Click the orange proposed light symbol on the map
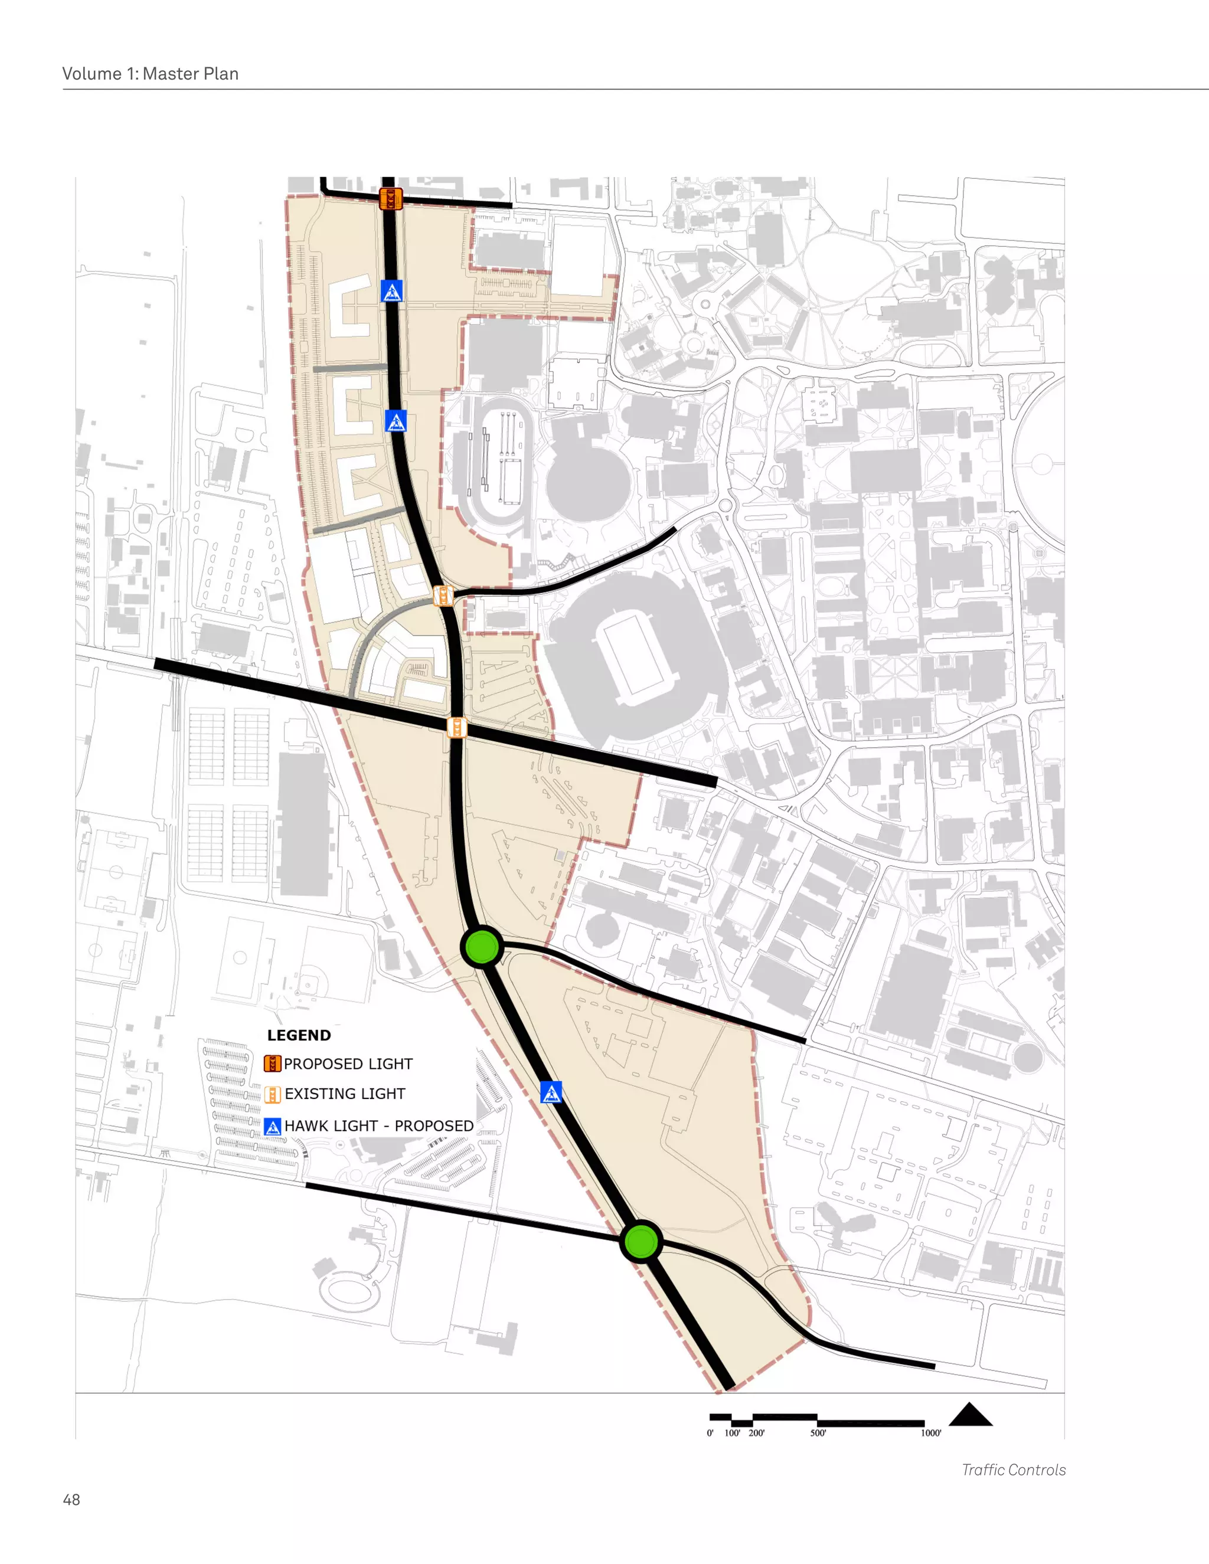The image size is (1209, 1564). tap(390, 198)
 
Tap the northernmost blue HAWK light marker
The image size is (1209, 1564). tap(391, 291)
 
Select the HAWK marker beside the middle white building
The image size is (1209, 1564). tap(396, 421)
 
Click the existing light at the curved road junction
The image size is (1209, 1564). tap(443, 595)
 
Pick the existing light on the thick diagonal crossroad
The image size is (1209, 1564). tap(457, 728)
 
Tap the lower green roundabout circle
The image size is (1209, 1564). tap(641, 1241)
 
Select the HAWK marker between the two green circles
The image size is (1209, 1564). tap(551, 1092)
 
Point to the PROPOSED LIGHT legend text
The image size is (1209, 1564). tap(348, 1064)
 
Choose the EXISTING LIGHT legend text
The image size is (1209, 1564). tap(345, 1094)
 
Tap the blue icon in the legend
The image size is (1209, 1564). tap(272, 1127)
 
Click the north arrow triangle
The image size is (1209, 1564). tap(971, 1415)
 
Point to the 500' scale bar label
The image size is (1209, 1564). tap(818, 1433)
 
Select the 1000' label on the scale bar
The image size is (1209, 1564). tap(930, 1433)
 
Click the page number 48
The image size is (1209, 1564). tap(71, 1500)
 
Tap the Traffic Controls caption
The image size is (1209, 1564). tap(1014, 1470)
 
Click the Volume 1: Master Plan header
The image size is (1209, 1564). tap(151, 74)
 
